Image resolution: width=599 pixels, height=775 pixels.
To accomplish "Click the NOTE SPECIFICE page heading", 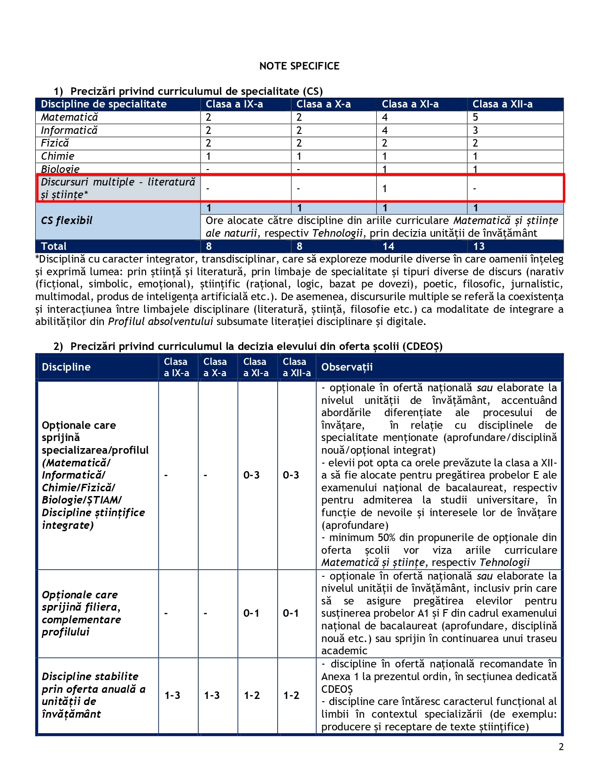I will [x=299, y=66].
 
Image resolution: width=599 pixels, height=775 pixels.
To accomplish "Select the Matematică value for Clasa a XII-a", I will [x=475, y=117].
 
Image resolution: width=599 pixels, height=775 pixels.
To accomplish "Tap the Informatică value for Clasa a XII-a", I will [x=475, y=131].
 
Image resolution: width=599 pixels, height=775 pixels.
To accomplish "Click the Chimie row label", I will [x=58, y=156].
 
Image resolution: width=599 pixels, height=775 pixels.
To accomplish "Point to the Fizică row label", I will [x=55, y=143].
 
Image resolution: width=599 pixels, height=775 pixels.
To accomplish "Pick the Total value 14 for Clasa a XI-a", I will [x=389, y=247].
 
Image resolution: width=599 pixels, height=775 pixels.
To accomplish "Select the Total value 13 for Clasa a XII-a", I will [x=479, y=247].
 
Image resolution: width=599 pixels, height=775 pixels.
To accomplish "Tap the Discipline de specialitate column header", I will [x=104, y=104].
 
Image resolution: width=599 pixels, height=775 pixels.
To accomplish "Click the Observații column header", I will [x=347, y=367].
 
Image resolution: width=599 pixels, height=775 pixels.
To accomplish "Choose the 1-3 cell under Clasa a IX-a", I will [x=172, y=696].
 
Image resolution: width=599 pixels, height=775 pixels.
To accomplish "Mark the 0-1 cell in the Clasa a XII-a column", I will [x=291, y=613].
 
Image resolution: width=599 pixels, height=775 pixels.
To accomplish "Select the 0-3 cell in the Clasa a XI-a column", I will [x=251, y=475].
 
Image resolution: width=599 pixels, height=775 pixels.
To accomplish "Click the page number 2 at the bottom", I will [x=561, y=747].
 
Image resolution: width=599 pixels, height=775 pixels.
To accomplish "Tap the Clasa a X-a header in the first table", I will [x=324, y=104].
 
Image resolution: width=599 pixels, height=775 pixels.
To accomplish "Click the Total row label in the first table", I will [x=54, y=247].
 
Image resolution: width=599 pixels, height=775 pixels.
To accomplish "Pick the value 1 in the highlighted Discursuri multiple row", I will [x=385, y=189].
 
